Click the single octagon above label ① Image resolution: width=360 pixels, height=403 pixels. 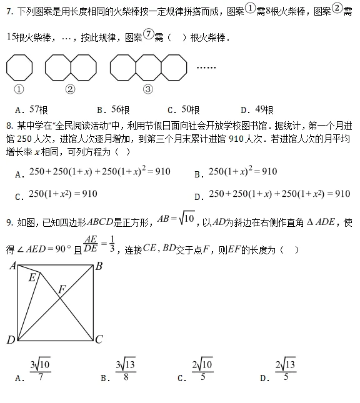[19, 67]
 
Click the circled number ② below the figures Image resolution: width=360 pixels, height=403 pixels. [70, 89]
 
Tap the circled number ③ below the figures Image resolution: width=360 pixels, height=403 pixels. [147, 89]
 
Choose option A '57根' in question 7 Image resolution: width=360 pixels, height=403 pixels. [34, 109]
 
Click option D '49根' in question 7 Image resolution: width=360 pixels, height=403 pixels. [257, 109]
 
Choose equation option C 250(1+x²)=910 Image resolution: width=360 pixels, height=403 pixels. [63, 194]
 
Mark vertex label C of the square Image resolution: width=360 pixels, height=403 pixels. [98, 340]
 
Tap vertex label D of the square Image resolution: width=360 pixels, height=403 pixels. [11, 340]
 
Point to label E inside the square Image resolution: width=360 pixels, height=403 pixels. [31, 277]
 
